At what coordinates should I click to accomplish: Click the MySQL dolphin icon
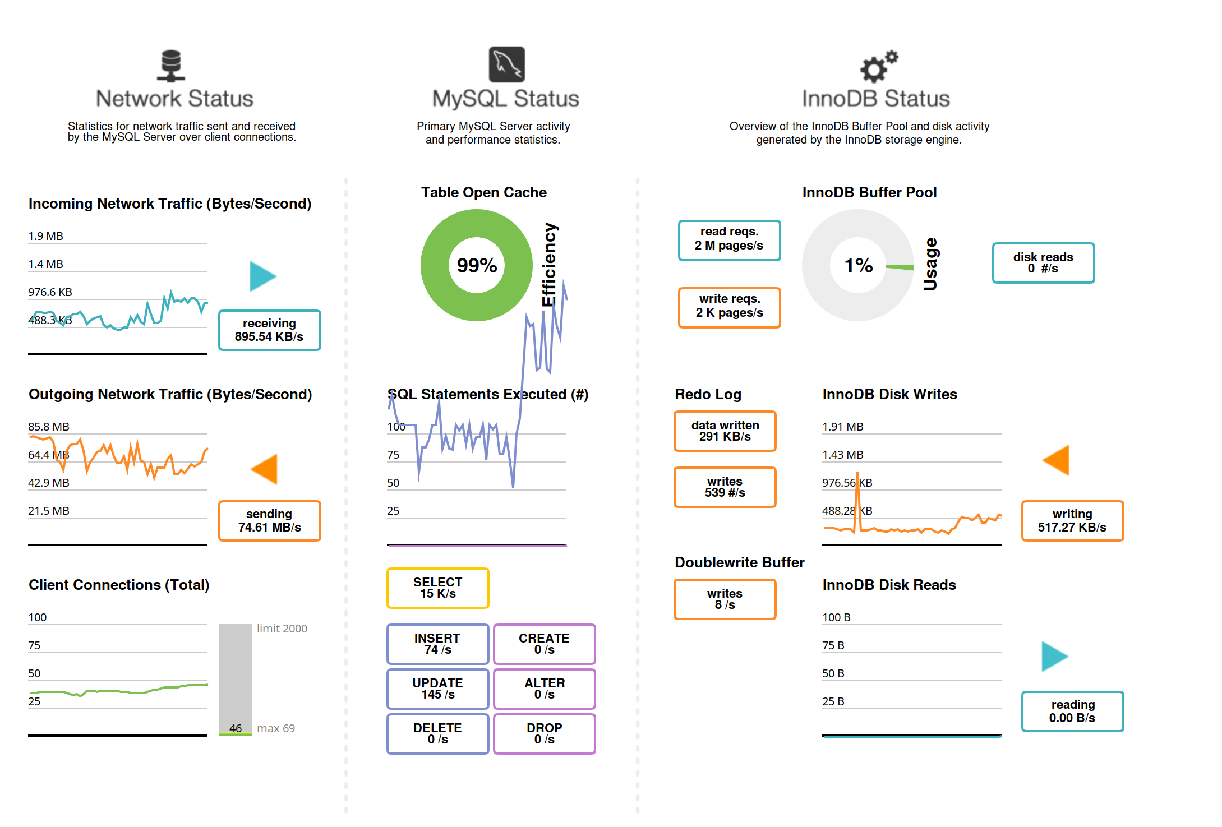click(x=507, y=64)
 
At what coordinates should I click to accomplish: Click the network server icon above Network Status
click(x=171, y=66)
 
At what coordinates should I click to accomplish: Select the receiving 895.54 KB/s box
click(x=269, y=330)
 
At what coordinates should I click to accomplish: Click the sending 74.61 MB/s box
click(x=269, y=521)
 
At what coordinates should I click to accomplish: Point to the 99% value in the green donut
click(x=477, y=265)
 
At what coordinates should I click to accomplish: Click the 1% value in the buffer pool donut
click(x=859, y=265)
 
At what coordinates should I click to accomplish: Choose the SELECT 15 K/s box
click(x=437, y=588)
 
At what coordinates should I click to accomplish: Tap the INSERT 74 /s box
click(x=437, y=644)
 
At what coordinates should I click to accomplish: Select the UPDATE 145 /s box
click(x=437, y=689)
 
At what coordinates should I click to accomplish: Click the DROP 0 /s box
click(x=544, y=734)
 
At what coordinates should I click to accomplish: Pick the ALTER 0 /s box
click(x=544, y=689)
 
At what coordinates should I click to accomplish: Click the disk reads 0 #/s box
click(x=1043, y=263)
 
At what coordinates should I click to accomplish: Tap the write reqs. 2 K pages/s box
click(x=729, y=307)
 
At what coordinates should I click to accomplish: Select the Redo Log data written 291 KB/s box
click(x=725, y=431)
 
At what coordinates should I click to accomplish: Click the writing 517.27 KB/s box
click(x=1072, y=521)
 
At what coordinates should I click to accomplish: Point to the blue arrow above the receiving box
click(x=262, y=276)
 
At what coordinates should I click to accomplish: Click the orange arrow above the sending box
click(x=265, y=469)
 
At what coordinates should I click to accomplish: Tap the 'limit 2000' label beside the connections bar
click(x=282, y=629)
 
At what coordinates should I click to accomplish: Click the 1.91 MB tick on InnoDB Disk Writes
click(x=843, y=427)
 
